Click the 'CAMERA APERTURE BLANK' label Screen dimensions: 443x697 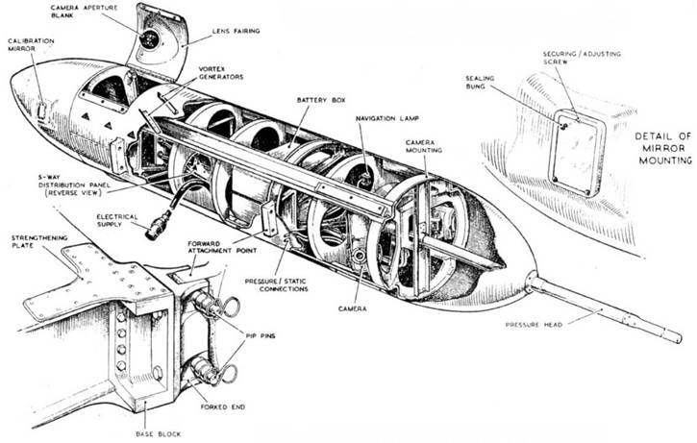point(82,13)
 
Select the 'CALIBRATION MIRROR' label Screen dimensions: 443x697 point(32,46)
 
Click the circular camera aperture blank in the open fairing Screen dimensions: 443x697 point(151,38)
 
